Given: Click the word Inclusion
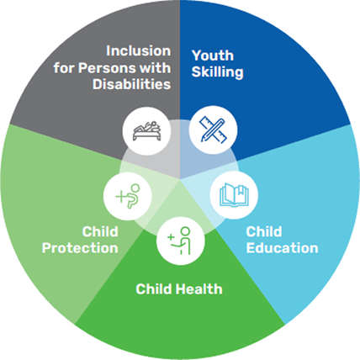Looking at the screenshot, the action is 139,51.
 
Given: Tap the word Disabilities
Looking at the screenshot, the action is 132,84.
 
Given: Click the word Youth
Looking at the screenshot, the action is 213,56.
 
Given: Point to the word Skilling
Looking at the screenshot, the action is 217,72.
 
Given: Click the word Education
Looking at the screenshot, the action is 282,248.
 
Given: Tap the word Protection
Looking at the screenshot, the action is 80,248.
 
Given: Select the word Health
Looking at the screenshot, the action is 200,289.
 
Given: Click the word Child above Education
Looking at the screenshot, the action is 264,231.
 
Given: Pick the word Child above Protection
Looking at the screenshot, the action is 100,231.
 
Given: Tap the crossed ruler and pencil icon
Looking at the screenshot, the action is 213,130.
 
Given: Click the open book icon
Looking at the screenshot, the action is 234,195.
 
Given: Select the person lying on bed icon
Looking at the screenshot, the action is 147,131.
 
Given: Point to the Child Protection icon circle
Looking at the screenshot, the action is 128,196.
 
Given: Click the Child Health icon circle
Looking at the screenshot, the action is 181,241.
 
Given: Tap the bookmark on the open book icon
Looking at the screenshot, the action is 241,191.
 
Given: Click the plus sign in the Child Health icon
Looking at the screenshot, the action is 171,237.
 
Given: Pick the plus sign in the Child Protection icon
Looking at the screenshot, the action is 121,197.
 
